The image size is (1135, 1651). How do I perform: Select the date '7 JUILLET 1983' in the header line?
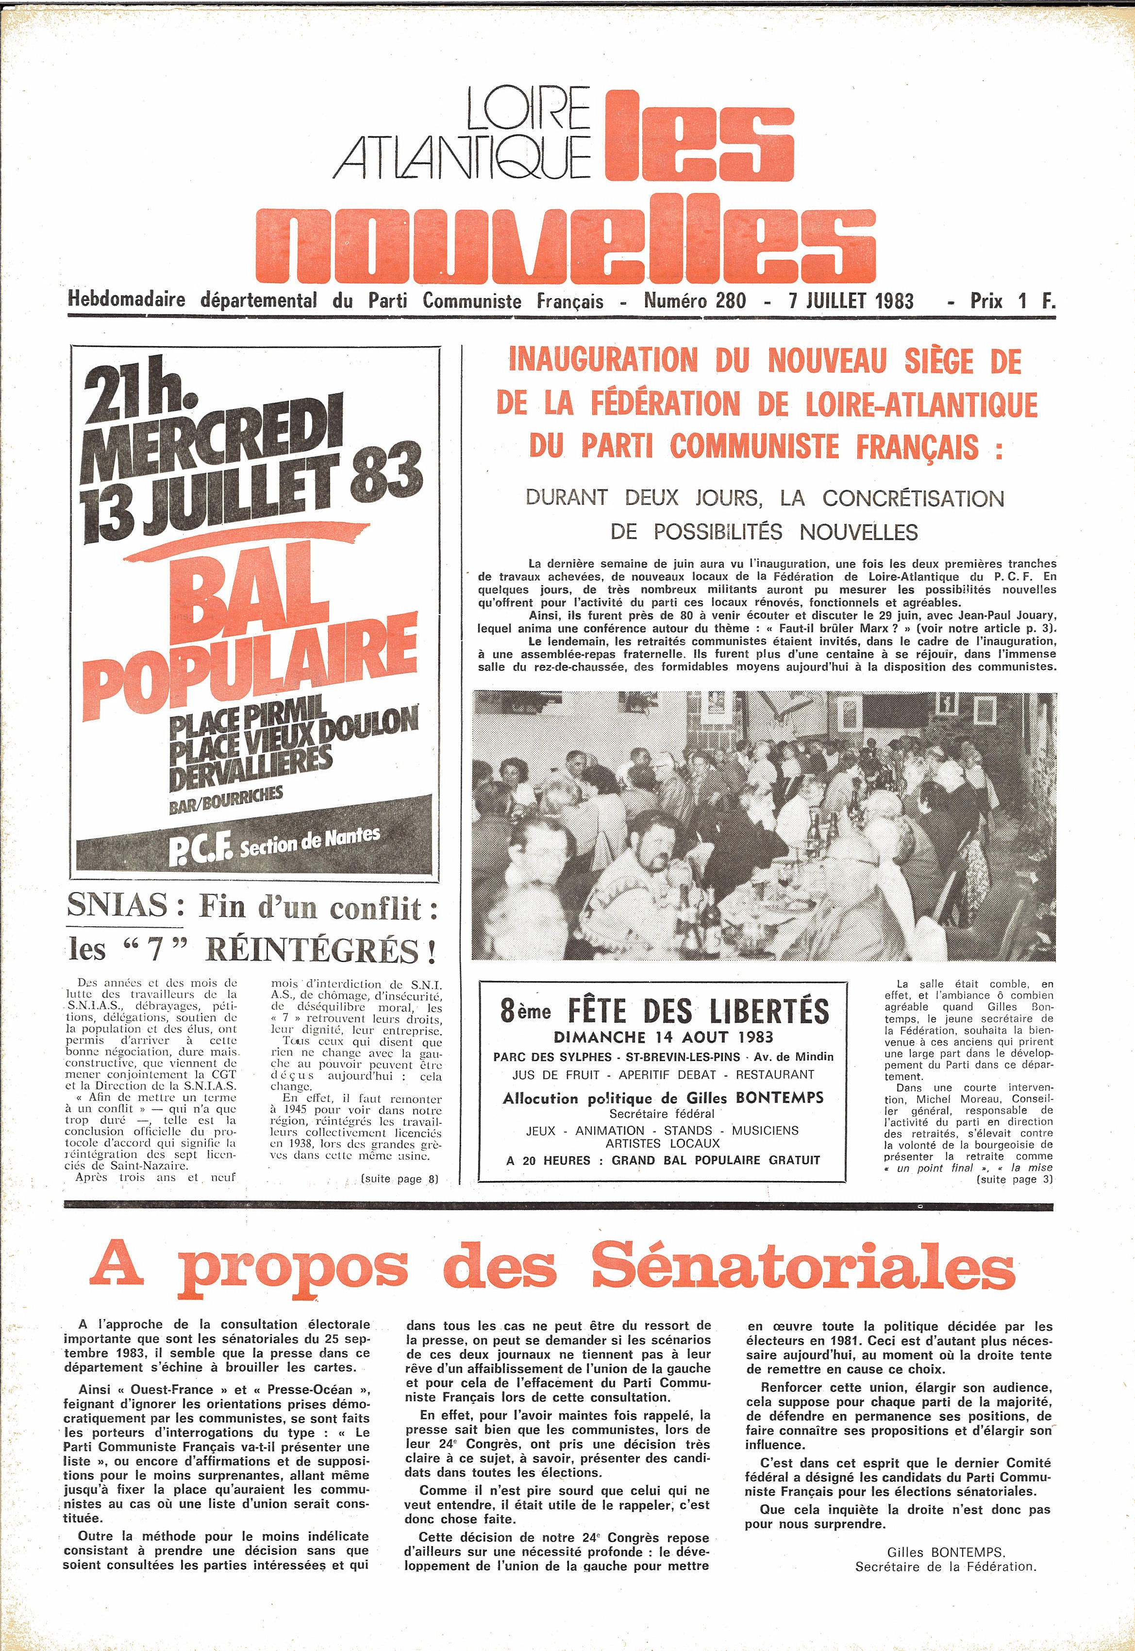(x=851, y=301)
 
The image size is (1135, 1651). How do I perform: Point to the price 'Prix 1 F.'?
(x=1012, y=301)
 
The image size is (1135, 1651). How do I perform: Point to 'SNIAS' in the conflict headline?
(x=118, y=906)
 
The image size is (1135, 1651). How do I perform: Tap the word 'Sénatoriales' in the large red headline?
(x=802, y=1265)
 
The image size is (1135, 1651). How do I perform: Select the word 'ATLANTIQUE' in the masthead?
(x=462, y=155)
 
